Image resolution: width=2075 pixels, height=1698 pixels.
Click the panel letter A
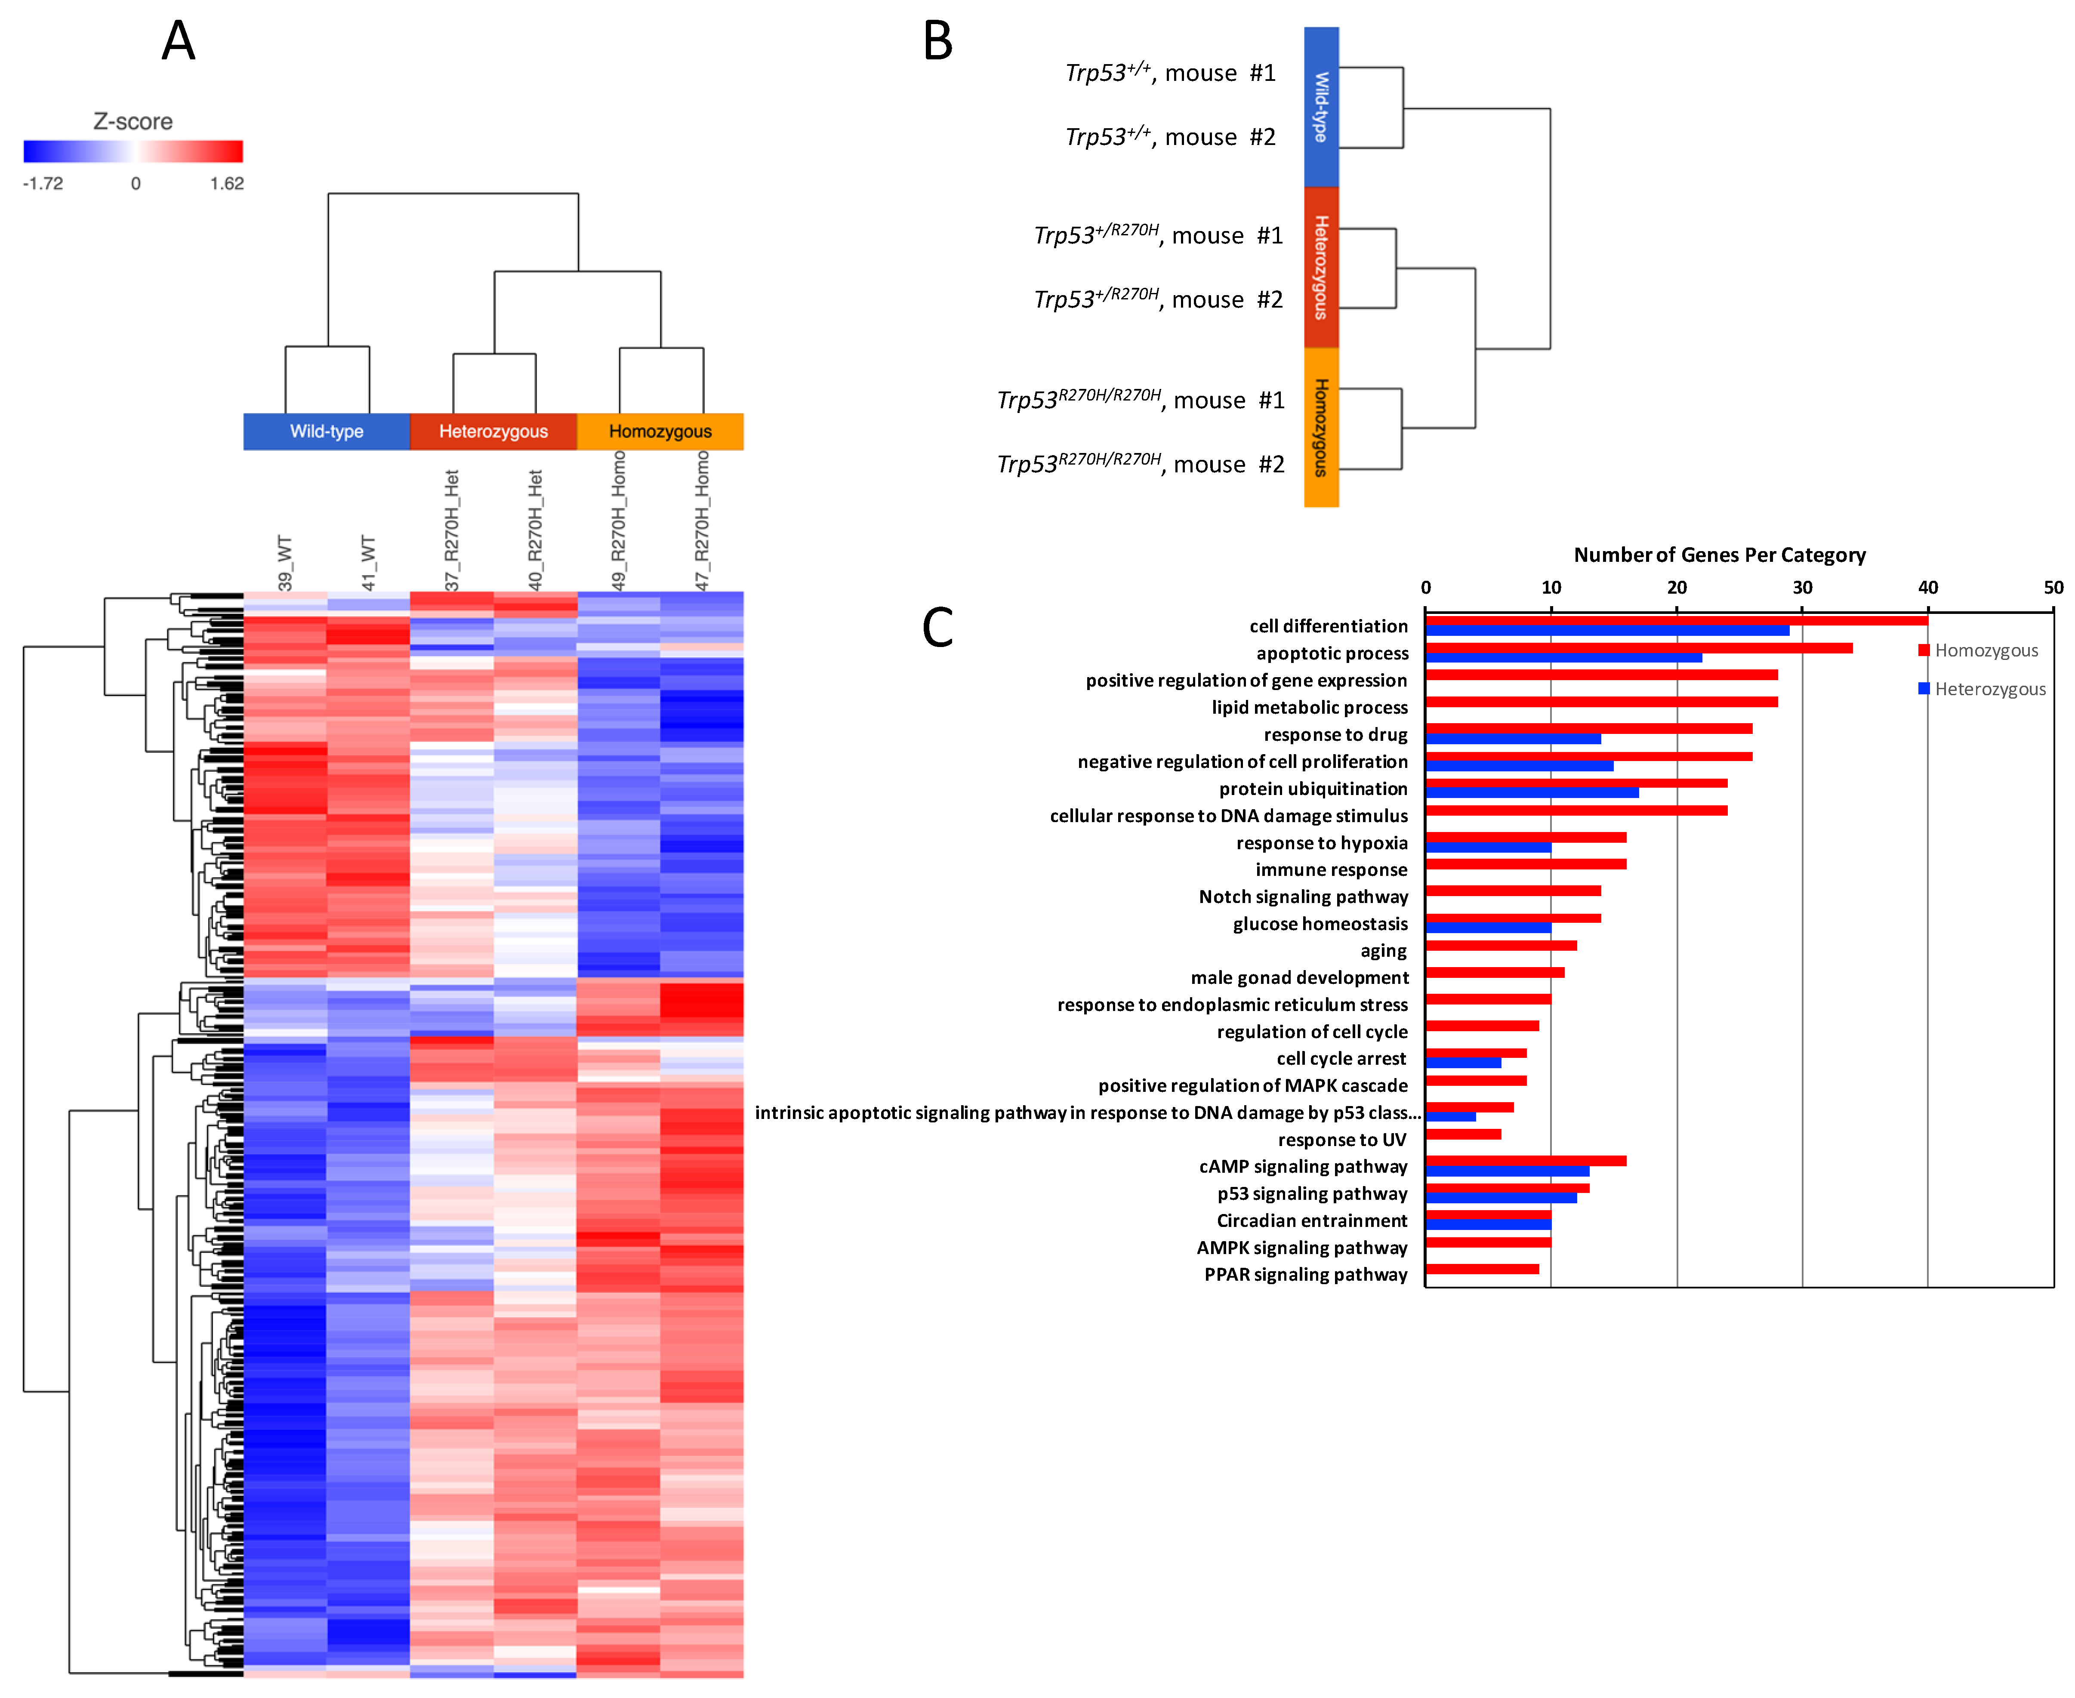(178, 41)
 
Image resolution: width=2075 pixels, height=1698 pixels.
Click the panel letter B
(937, 41)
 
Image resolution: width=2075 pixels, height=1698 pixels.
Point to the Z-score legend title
(133, 121)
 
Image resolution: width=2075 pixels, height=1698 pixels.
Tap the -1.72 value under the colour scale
(43, 183)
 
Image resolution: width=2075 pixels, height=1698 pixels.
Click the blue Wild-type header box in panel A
(327, 431)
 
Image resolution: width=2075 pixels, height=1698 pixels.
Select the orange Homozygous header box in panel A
(660, 431)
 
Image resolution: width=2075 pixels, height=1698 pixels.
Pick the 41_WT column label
(368, 562)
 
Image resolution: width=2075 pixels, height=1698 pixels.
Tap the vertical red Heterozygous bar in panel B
(1321, 267)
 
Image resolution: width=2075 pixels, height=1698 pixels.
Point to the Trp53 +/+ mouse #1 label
(1170, 72)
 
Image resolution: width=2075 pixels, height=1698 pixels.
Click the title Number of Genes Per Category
(1719, 555)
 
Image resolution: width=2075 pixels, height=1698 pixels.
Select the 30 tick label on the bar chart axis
(1802, 587)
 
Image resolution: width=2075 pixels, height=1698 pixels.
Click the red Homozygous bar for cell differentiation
(1676, 620)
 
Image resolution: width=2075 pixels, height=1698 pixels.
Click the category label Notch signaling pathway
(1303, 896)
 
